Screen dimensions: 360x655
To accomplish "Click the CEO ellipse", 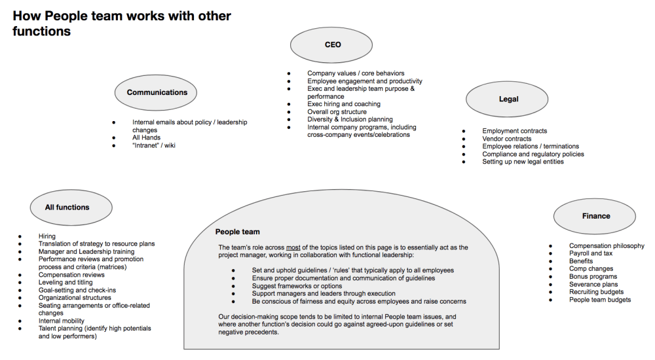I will (332, 45).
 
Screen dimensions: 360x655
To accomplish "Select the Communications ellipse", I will (157, 93).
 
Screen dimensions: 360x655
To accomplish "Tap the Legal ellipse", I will (508, 99).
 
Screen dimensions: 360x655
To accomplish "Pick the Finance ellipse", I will (595, 216).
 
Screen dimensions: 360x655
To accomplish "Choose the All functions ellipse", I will (67, 207).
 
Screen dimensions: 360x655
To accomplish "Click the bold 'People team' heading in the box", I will (238, 232).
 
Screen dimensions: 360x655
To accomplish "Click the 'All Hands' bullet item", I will (146, 137).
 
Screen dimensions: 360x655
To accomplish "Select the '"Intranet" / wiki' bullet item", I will (154, 145).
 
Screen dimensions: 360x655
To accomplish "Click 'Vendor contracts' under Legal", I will (506, 139).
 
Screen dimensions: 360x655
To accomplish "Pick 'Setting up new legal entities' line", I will (523, 162).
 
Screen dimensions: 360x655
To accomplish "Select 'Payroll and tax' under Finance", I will (591, 253).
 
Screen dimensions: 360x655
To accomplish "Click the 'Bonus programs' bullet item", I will (593, 276).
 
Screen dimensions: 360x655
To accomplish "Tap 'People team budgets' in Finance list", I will (600, 300).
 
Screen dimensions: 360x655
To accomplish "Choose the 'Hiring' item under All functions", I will (47, 236).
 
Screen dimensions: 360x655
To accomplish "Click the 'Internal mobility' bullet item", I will (62, 321).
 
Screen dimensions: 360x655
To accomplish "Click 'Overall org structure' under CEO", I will (337, 112).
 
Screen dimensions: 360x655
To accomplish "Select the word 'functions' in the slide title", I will (41, 31).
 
